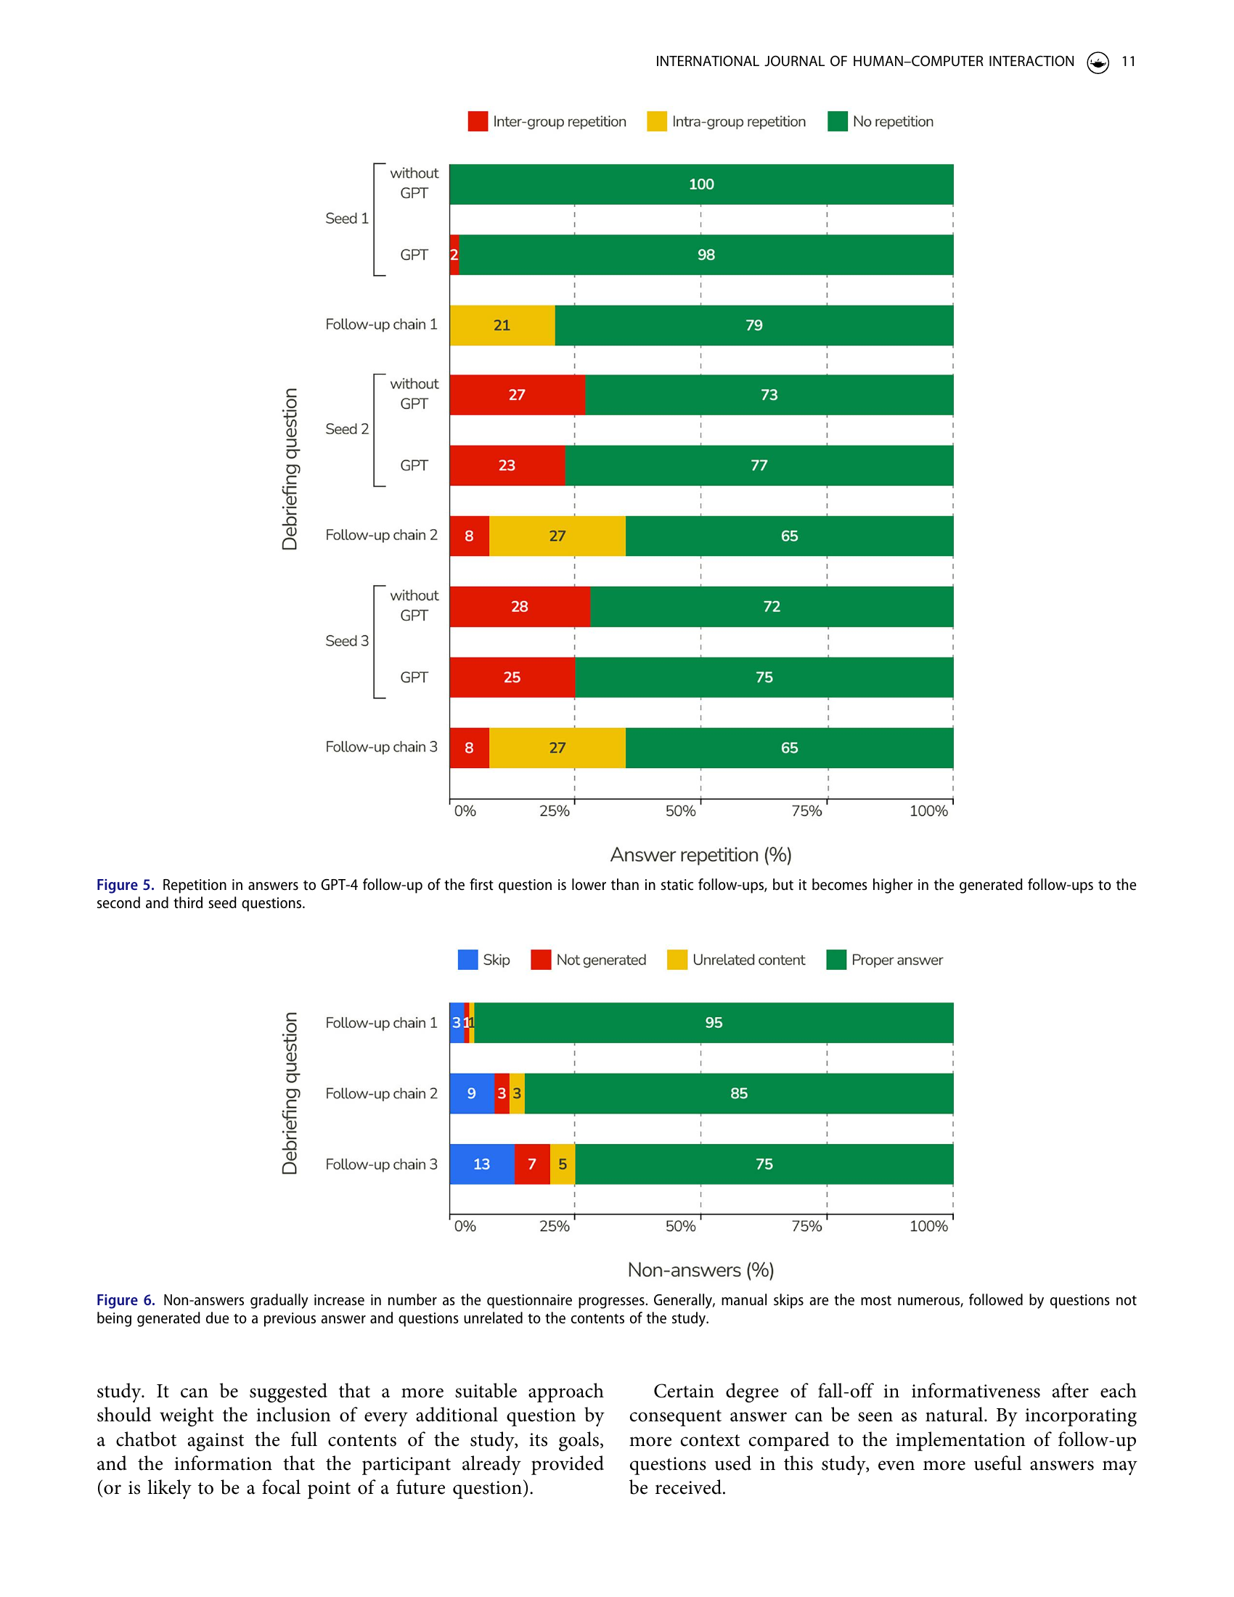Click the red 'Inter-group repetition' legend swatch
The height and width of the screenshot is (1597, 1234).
point(478,121)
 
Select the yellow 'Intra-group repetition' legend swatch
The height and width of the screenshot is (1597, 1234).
point(656,121)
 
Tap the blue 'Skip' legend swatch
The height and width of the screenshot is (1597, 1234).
point(467,960)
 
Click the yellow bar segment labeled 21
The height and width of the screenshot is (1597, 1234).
point(502,325)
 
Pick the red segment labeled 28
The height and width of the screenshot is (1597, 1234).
point(520,606)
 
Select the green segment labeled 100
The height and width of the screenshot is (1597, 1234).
point(701,184)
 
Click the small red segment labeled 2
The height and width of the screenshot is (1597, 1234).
point(454,255)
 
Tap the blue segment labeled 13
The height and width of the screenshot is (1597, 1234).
point(482,1164)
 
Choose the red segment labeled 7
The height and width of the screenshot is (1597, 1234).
point(532,1164)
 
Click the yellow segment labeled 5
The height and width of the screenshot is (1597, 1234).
point(563,1164)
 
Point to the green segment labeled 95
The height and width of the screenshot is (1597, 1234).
point(714,1022)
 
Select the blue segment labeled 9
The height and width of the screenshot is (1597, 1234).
point(472,1093)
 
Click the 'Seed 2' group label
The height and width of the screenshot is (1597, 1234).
point(347,429)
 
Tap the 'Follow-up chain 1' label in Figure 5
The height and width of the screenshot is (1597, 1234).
point(382,324)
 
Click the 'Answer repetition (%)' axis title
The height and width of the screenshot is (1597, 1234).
point(701,855)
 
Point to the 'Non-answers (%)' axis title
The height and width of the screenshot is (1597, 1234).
point(701,1270)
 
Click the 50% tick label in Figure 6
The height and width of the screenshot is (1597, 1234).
point(681,1226)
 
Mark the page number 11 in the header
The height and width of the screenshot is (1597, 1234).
point(1129,62)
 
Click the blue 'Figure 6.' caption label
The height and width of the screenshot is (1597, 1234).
point(126,1300)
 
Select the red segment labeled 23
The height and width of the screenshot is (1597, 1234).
point(507,465)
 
